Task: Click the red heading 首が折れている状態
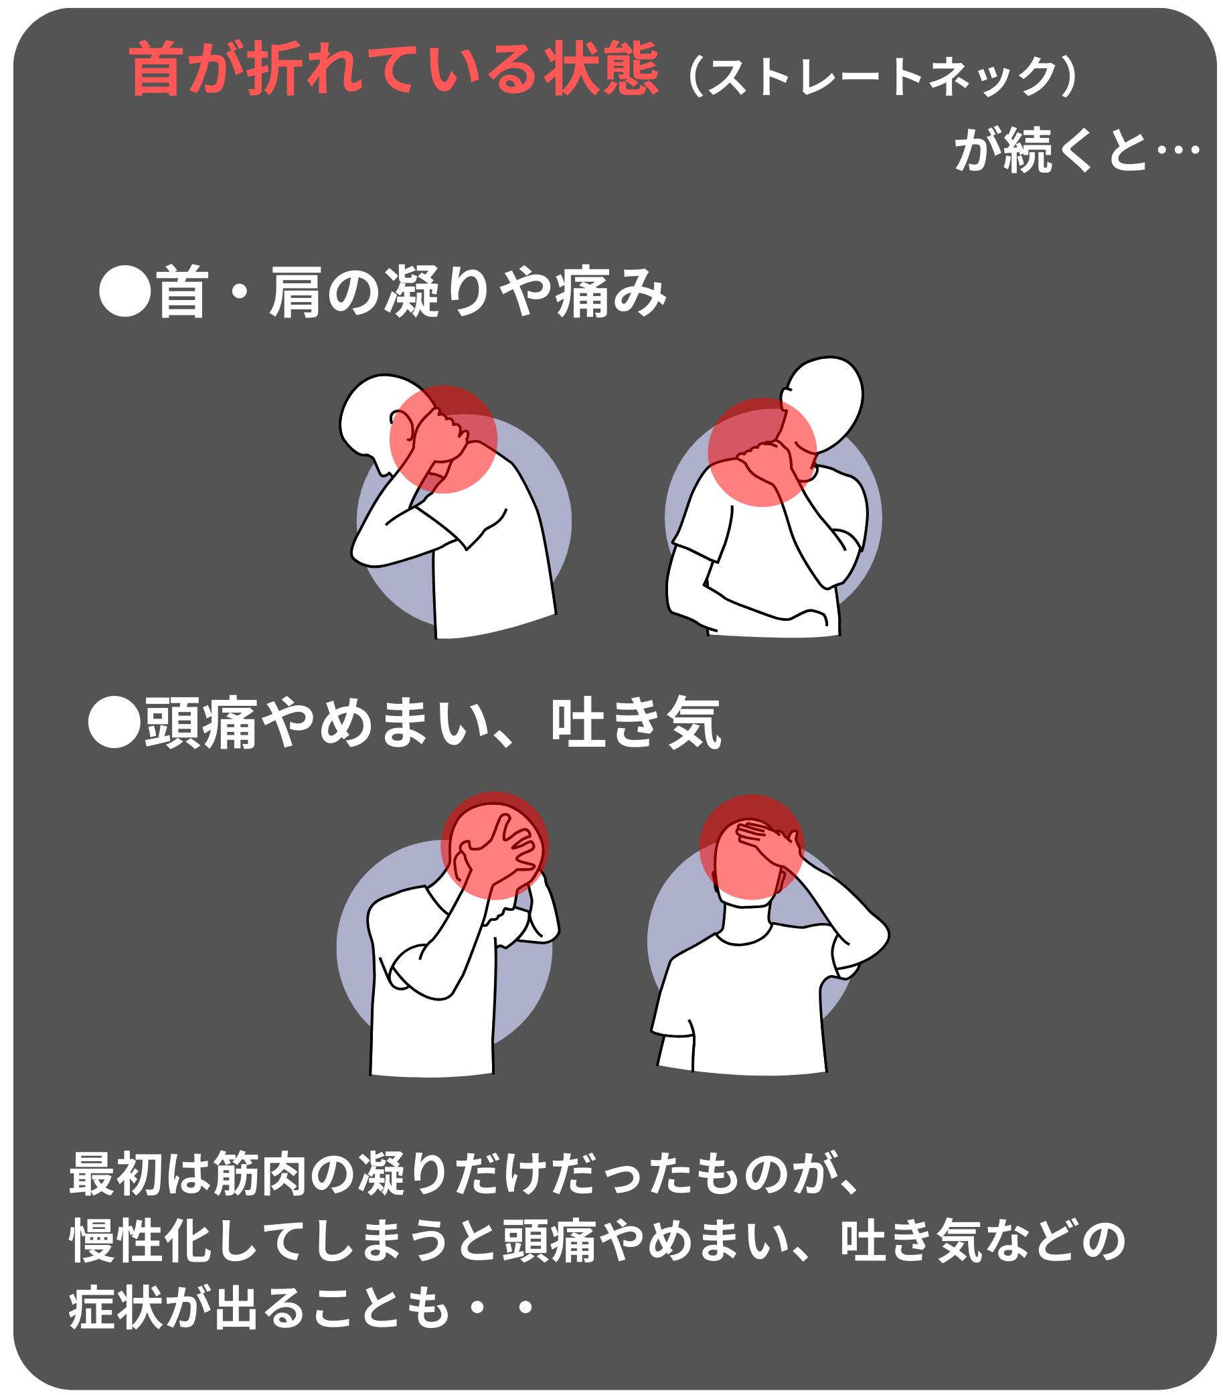pos(394,69)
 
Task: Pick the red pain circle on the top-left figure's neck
pos(443,439)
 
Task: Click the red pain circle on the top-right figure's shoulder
pos(762,453)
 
